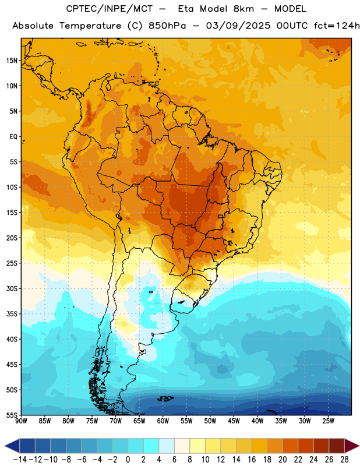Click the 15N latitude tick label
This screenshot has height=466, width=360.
click(x=12, y=61)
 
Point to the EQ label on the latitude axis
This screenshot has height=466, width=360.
click(x=13, y=137)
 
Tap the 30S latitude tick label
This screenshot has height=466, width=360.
click(x=12, y=288)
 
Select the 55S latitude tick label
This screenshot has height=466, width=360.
click(x=12, y=415)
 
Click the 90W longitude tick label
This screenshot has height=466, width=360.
click(x=21, y=421)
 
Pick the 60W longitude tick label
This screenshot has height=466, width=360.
click(x=163, y=421)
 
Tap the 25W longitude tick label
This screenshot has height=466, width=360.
click(x=328, y=421)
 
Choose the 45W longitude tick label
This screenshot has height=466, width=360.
click(x=234, y=421)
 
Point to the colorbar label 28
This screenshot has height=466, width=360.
click(x=344, y=460)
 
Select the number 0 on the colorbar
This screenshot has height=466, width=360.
click(x=128, y=460)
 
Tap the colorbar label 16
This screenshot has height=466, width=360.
click(x=252, y=460)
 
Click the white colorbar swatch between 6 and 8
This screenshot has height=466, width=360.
click(x=182, y=446)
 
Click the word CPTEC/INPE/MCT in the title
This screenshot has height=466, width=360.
click(x=109, y=9)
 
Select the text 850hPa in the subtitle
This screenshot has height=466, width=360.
click(x=167, y=26)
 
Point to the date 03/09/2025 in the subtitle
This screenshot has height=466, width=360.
click(x=238, y=26)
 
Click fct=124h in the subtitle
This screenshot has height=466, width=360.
click(x=337, y=26)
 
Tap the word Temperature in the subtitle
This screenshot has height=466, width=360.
click(x=90, y=26)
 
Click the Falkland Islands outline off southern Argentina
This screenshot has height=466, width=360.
click(x=165, y=398)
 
